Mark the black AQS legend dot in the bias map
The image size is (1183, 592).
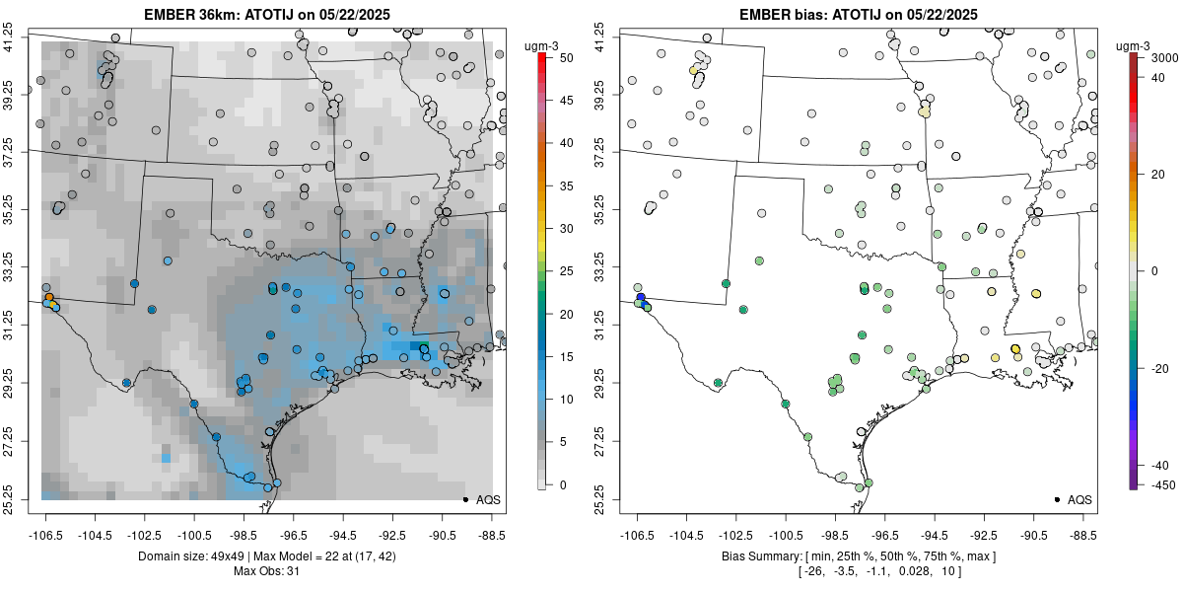point(1057,500)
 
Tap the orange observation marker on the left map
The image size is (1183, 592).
point(48,297)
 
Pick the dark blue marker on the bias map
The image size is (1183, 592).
point(640,297)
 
